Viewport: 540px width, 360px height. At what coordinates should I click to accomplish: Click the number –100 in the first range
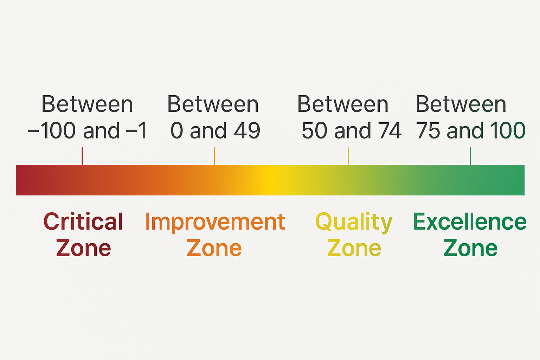pyautogui.click(x=52, y=130)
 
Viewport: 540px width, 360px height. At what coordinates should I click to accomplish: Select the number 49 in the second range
pyautogui.click(x=247, y=130)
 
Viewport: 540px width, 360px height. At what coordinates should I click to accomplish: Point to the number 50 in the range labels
pyautogui.click(x=315, y=130)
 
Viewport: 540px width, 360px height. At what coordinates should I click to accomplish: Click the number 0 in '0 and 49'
pyautogui.click(x=177, y=130)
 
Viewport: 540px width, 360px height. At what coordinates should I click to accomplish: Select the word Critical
pyautogui.click(x=83, y=221)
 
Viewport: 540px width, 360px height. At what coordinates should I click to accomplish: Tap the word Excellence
pyautogui.click(x=470, y=221)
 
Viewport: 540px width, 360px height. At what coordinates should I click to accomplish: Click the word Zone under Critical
pyautogui.click(x=83, y=247)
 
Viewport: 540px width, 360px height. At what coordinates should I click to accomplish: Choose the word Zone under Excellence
pyautogui.click(x=470, y=247)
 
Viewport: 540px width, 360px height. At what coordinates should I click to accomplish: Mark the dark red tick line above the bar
pyautogui.click(x=82, y=156)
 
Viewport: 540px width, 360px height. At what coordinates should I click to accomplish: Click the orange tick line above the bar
pyautogui.click(x=214, y=156)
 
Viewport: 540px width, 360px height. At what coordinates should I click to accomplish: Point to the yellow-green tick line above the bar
pyautogui.click(x=348, y=156)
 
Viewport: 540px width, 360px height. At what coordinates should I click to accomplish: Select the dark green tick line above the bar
pyautogui.click(x=470, y=156)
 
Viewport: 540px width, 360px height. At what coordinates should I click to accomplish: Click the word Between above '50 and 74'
pyautogui.click(x=343, y=104)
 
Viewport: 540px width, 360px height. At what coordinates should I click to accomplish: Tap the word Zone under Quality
pyautogui.click(x=354, y=247)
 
